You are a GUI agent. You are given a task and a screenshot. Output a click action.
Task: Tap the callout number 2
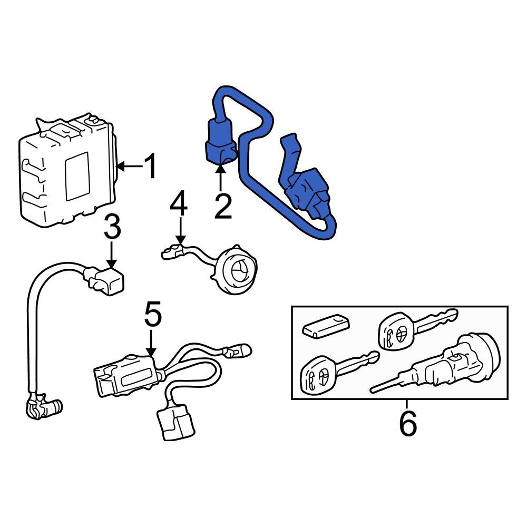(223, 206)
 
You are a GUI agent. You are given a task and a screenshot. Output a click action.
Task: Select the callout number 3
(112, 227)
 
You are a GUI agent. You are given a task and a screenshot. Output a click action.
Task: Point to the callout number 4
(179, 203)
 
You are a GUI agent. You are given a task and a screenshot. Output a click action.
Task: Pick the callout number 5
(153, 314)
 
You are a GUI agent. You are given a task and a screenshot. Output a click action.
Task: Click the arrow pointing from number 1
(130, 166)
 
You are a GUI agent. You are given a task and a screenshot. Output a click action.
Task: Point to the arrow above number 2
(220, 178)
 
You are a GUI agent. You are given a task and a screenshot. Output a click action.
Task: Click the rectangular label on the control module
(77, 177)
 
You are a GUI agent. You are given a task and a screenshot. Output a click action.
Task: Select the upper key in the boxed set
(417, 328)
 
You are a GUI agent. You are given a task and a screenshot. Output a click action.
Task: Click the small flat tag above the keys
(326, 325)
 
